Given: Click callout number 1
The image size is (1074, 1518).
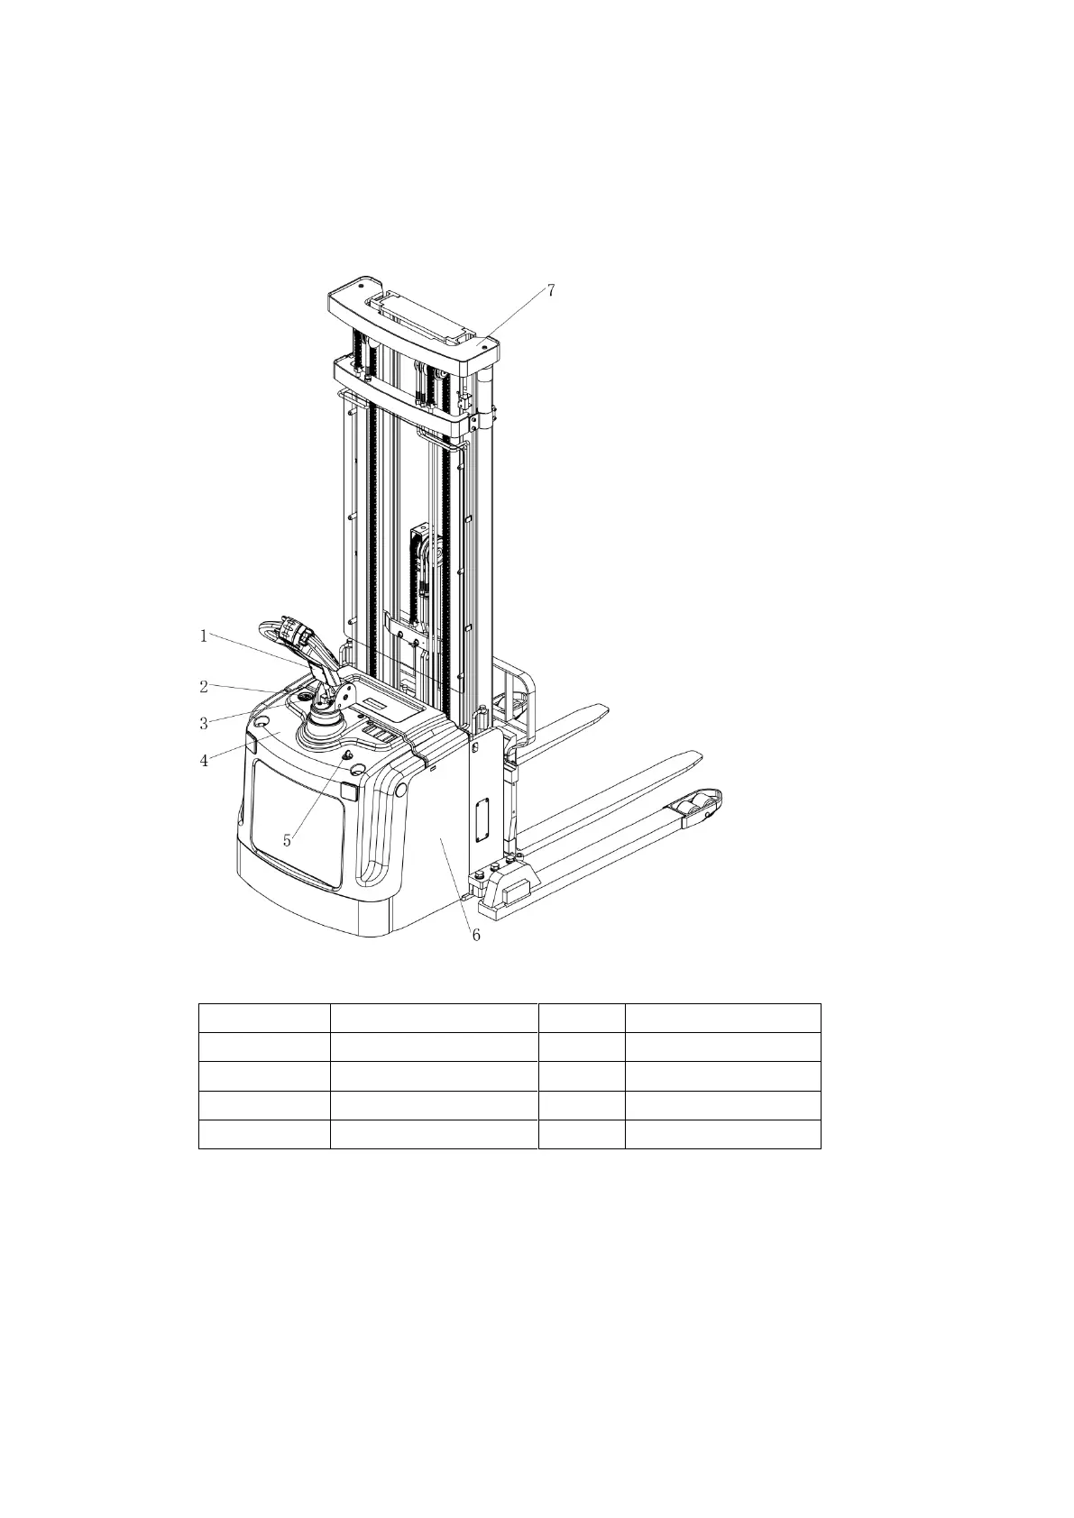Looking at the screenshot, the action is (203, 636).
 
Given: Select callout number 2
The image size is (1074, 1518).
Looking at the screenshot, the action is (204, 687).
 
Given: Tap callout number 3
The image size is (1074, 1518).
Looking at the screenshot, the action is (204, 724).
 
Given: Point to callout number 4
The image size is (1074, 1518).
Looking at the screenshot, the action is (204, 761).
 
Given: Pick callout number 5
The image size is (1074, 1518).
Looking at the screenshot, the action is (287, 841).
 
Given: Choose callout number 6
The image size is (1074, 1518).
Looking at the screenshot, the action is (476, 935).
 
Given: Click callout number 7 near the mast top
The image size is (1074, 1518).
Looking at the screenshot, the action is (551, 291).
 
